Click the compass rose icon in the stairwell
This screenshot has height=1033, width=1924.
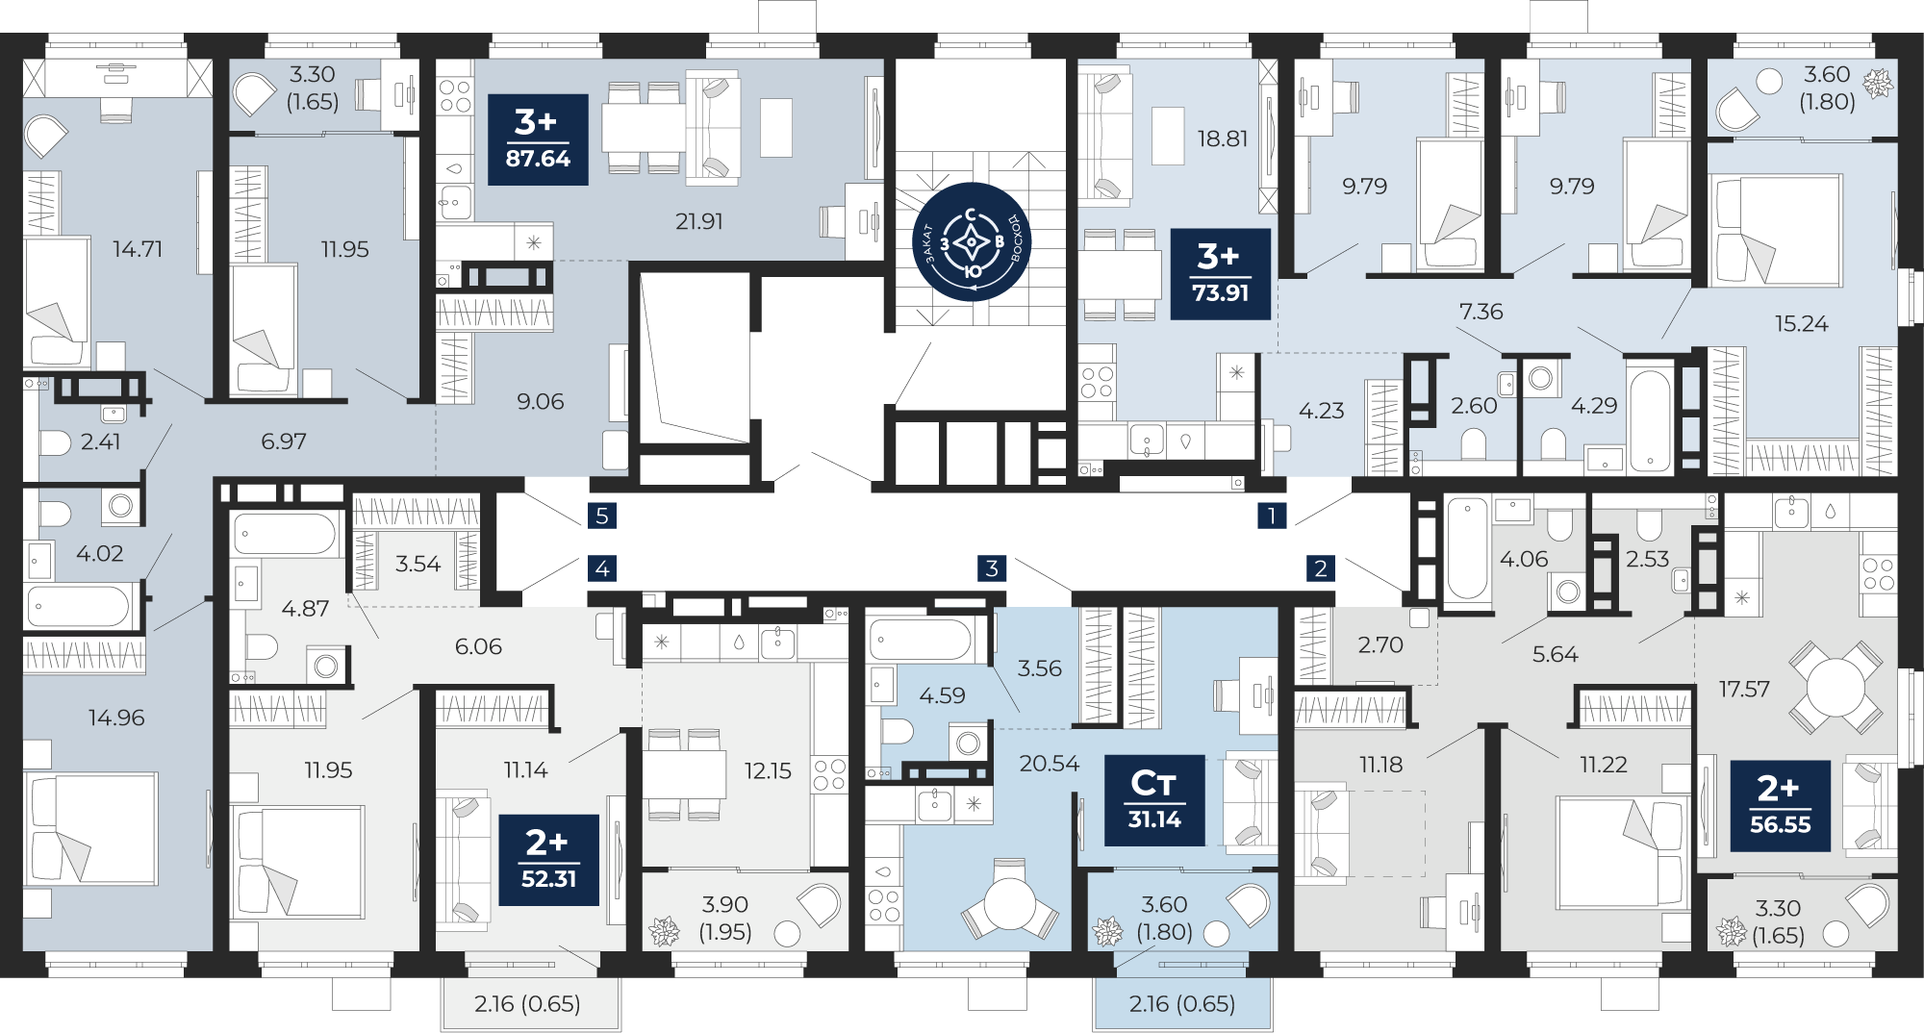[972, 242]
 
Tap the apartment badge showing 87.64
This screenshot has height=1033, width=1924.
[538, 139]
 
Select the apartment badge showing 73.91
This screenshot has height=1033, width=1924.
[1220, 274]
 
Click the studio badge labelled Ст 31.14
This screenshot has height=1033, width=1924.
[1154, 800]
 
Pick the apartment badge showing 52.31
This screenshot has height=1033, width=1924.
[548, 860]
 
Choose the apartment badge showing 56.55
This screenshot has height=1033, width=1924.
[1780, 806]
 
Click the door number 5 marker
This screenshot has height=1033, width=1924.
[602, 516]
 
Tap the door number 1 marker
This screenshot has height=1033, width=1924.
[1272, 516]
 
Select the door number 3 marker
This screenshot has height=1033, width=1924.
[992, 568]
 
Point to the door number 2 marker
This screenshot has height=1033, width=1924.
[1321, 568]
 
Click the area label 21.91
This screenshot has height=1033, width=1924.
[699, 221]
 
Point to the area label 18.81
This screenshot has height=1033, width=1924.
[1223, 139]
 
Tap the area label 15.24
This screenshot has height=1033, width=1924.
[1802, 323]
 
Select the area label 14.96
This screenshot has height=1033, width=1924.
[116, 718]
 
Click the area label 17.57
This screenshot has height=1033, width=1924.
[1744, 689]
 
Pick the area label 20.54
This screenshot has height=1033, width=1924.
[1050, 763]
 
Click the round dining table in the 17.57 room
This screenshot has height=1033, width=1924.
[1835, 688]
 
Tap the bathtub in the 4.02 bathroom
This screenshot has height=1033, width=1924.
[79, 607]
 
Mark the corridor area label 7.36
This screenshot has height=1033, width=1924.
[1481, 311]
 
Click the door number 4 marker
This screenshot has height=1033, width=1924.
[602, 568]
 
